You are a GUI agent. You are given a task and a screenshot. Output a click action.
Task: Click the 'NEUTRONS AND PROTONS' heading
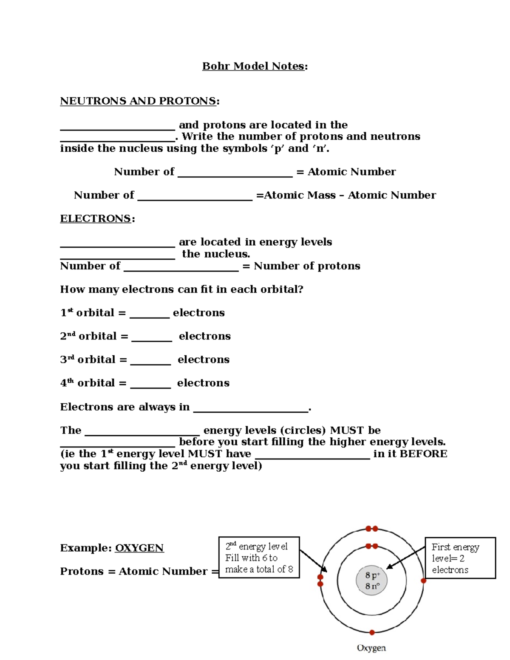pyautogui.click(x=139, y=101)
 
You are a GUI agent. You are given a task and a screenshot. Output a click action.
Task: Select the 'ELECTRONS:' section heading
pyautogui.click(x=96, y=219)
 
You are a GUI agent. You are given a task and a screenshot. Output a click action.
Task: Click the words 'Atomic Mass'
pyautogui.click(x=300, y=195)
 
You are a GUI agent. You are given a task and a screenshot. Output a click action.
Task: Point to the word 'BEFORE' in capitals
pyautogui.click(x=423, y=454)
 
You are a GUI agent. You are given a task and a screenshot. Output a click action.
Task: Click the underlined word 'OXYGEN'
pyautogui.click(x=139, y=548)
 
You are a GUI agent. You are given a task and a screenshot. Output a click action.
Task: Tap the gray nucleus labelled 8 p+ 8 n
pyautogui.click(x=372, y=581)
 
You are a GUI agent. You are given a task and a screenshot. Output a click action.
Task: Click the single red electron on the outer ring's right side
pyautogui.click(x=423, y=581)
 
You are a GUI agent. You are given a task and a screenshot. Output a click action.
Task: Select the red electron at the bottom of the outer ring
pyautogui.click(x=372, y=632)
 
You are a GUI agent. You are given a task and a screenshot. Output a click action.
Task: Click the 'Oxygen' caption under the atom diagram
pyautogui.click(x=371, y=648)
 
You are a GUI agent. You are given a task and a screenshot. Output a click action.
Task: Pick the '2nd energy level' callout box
pyautogui.click(x=259, y=558)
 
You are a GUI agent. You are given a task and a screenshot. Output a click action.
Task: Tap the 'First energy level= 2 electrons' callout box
pyautogui.click(x=460, y=558)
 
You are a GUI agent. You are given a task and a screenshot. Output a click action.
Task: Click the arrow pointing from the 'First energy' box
pyautogui.click(x=406, y=558)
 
